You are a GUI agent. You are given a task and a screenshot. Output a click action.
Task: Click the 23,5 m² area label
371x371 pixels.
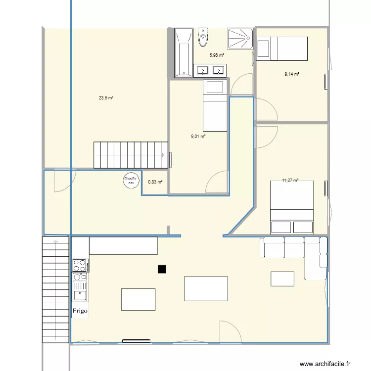[106, 98]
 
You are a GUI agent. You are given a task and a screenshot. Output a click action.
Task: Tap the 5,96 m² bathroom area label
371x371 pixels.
[217, 55]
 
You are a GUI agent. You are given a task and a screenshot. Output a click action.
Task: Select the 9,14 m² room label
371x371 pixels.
[292, 74]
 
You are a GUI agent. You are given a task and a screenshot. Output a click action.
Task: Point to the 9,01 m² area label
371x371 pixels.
[198, 137]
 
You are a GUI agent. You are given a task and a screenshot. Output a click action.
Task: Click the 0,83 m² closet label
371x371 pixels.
[155, 182]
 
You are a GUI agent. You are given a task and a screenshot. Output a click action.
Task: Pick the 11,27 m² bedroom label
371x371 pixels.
[290, 181]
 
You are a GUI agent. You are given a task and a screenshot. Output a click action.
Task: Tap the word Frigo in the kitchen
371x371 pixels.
[80, 311]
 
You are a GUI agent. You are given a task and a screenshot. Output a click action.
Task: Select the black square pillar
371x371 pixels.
[161, 269]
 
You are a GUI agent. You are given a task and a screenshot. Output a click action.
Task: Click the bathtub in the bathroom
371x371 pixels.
[184, 52]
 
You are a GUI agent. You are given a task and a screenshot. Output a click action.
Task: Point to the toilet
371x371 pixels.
[202, 37]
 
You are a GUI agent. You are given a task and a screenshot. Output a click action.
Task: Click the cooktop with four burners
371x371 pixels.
[80, 265]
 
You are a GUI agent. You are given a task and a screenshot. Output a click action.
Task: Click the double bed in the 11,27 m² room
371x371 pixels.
[292, 207]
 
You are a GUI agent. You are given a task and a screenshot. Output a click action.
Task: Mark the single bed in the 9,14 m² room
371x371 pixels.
[282, 48]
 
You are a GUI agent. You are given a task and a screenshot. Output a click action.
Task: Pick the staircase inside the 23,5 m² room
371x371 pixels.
[131, 155]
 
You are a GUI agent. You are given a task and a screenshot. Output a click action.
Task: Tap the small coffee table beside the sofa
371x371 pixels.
[282, 278]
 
